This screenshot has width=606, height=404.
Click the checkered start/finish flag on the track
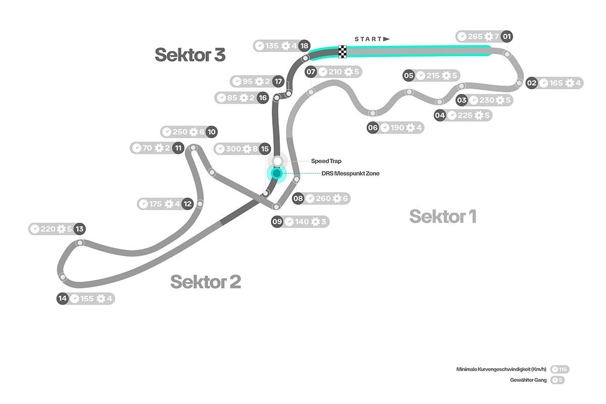click(342, 51)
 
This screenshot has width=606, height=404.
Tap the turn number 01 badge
click(507, 36)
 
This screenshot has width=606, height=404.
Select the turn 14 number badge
click(63, 298)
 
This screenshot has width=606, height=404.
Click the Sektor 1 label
click(442, 217)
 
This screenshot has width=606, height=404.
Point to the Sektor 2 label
click(205, 281)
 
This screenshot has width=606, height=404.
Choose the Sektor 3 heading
click(189, 55)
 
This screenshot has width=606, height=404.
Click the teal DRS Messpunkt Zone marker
click(276, 173)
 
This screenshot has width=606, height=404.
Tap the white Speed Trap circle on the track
click(277, 161)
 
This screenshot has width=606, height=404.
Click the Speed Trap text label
click(326, 161)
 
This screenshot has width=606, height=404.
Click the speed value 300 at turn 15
click(234, 148)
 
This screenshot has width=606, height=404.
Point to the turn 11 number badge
click(177, 148)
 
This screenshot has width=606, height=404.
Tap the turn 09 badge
click(277, 221)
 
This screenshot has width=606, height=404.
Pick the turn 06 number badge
click(373, 128)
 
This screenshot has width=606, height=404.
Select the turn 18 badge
click(304, 46)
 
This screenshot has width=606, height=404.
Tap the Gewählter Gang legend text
click(528, 380)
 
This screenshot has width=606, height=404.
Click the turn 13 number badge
click(79, 229)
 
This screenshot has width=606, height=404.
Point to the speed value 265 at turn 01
click(475, 36)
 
